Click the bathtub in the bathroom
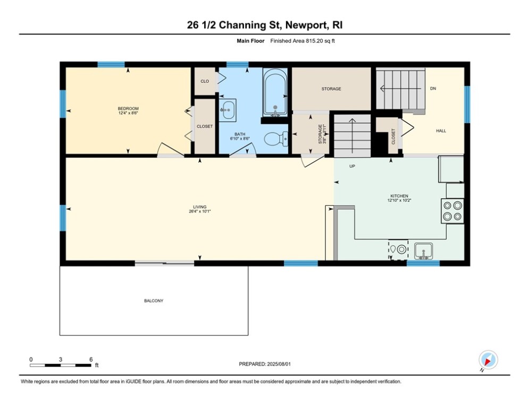click(x=275, y=92)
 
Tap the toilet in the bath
click(x=276, y=139)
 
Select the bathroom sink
click(x=228, y=110)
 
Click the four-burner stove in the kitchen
click(x=452, y=211)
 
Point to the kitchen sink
click(x=423, y=251)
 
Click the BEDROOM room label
click(x=128, y=108)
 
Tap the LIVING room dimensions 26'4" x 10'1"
click(x=200, y=211)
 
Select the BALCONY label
click(x=154, y=301)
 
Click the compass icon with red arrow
click(x=488, y=360)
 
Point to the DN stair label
click(x=433, y=88)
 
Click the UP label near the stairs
click(x=352, y=166)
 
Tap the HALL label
click(x=441, y=131)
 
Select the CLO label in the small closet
click(x=205, y=81)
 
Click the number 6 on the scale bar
click(x=91, y=360)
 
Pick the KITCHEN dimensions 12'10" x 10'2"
click(x=399, y=200)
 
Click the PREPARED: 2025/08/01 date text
click(x=265, y=364)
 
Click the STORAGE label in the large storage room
click(x=331, y=89)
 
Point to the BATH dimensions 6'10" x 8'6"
click(x=240, y=139)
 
